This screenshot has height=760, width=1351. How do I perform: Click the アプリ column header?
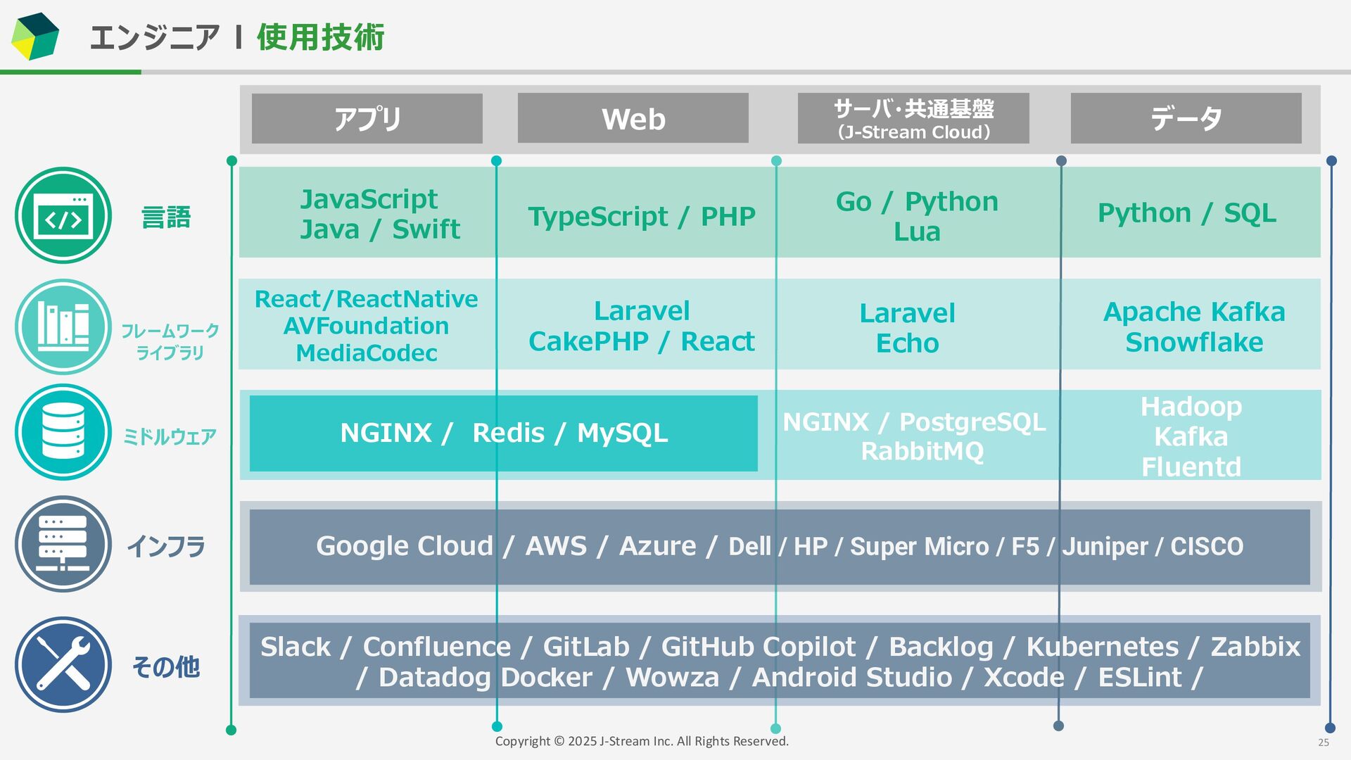pyautogui.click(x=367, y=118)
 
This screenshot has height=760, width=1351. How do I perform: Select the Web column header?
pyautogui.click(x=633, y=118)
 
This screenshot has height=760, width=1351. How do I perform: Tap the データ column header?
pyautogui.click(x=1186, y=118)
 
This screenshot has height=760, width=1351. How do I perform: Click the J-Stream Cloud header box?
pyautogui.click(x=913, y=118)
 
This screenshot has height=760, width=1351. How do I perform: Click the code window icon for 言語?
pyautogui.click(x=63, y=215)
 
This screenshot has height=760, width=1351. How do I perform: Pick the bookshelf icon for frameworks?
pyautogui.click(x=63, y=327)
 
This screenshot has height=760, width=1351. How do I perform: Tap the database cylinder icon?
pyautogui.click(x=63, y=431)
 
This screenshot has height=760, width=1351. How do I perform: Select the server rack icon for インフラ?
pyautogui.click(x=63, y=544)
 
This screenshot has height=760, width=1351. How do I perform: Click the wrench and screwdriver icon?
pyautogui.click(x=63, y=665)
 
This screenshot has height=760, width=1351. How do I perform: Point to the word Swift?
pyautogui.click(x=426, y=229)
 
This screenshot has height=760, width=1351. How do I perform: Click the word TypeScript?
pyautogui.click(x=597, y=216)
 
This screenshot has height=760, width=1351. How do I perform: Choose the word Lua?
pyautogui.click(x=917, y=232)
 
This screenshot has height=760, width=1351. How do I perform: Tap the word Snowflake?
pyautogui.click(x=1194, y=342)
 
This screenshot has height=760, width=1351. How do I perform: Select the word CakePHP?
pyautogui.click(x=588, y=341)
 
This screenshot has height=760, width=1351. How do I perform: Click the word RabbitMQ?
pyautogui.click(x=922, y=451)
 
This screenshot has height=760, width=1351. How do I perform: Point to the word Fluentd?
pyautogui.click(x=1191, y=467)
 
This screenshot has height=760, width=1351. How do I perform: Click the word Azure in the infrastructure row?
pyautogui.click(x=657, y=546)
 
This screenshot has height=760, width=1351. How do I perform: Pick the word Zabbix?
pyautogui.click(x=1255, y=647)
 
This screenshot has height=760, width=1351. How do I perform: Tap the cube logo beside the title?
pyautogui.click(x=35, y=36)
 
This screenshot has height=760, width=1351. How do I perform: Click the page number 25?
pyautogui.click(x=1324, y=742)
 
